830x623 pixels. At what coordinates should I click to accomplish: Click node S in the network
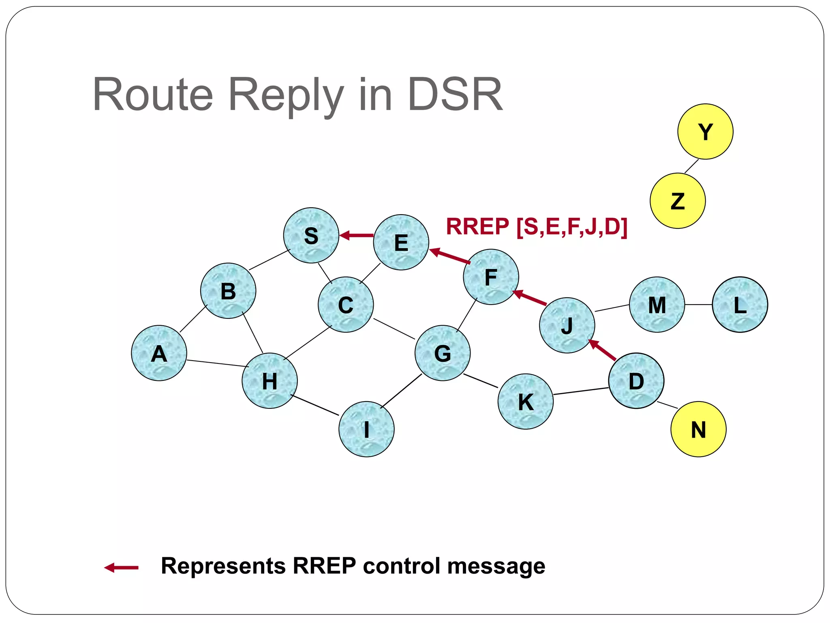click(x=311, y=235)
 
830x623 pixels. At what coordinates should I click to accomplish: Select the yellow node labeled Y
click(x=705, y=131)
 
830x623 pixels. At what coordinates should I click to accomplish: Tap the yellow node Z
click(x=678, y=201)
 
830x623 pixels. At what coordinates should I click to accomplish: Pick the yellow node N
click(x=698, y=429)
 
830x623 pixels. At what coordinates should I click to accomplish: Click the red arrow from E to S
click(x=357, y=235)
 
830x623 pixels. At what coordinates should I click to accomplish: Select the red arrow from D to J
click(x=602, y=350)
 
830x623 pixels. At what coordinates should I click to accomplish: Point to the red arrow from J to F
click(x=530, y=298)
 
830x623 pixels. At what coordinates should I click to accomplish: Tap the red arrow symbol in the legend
click(x=121, y=567)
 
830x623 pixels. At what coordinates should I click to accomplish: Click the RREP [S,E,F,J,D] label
click(x=537, y=226)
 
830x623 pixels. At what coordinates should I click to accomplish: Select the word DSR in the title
click(x=455, y=95)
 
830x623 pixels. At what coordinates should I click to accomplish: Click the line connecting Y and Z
click(x=692, y=166)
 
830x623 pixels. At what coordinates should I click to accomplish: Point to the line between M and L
click(x=698, y=305)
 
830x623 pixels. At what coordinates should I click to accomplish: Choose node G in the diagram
click(x=443, y=353)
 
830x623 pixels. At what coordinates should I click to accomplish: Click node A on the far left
click(x=159, y=353)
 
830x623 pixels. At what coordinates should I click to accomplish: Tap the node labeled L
click(x=740, y=305)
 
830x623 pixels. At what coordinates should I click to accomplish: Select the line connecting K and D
click(x=581, y=391)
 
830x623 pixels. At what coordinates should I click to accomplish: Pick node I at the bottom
click(x=366, y=429)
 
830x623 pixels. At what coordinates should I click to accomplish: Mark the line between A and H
click(x=217, y=363)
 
